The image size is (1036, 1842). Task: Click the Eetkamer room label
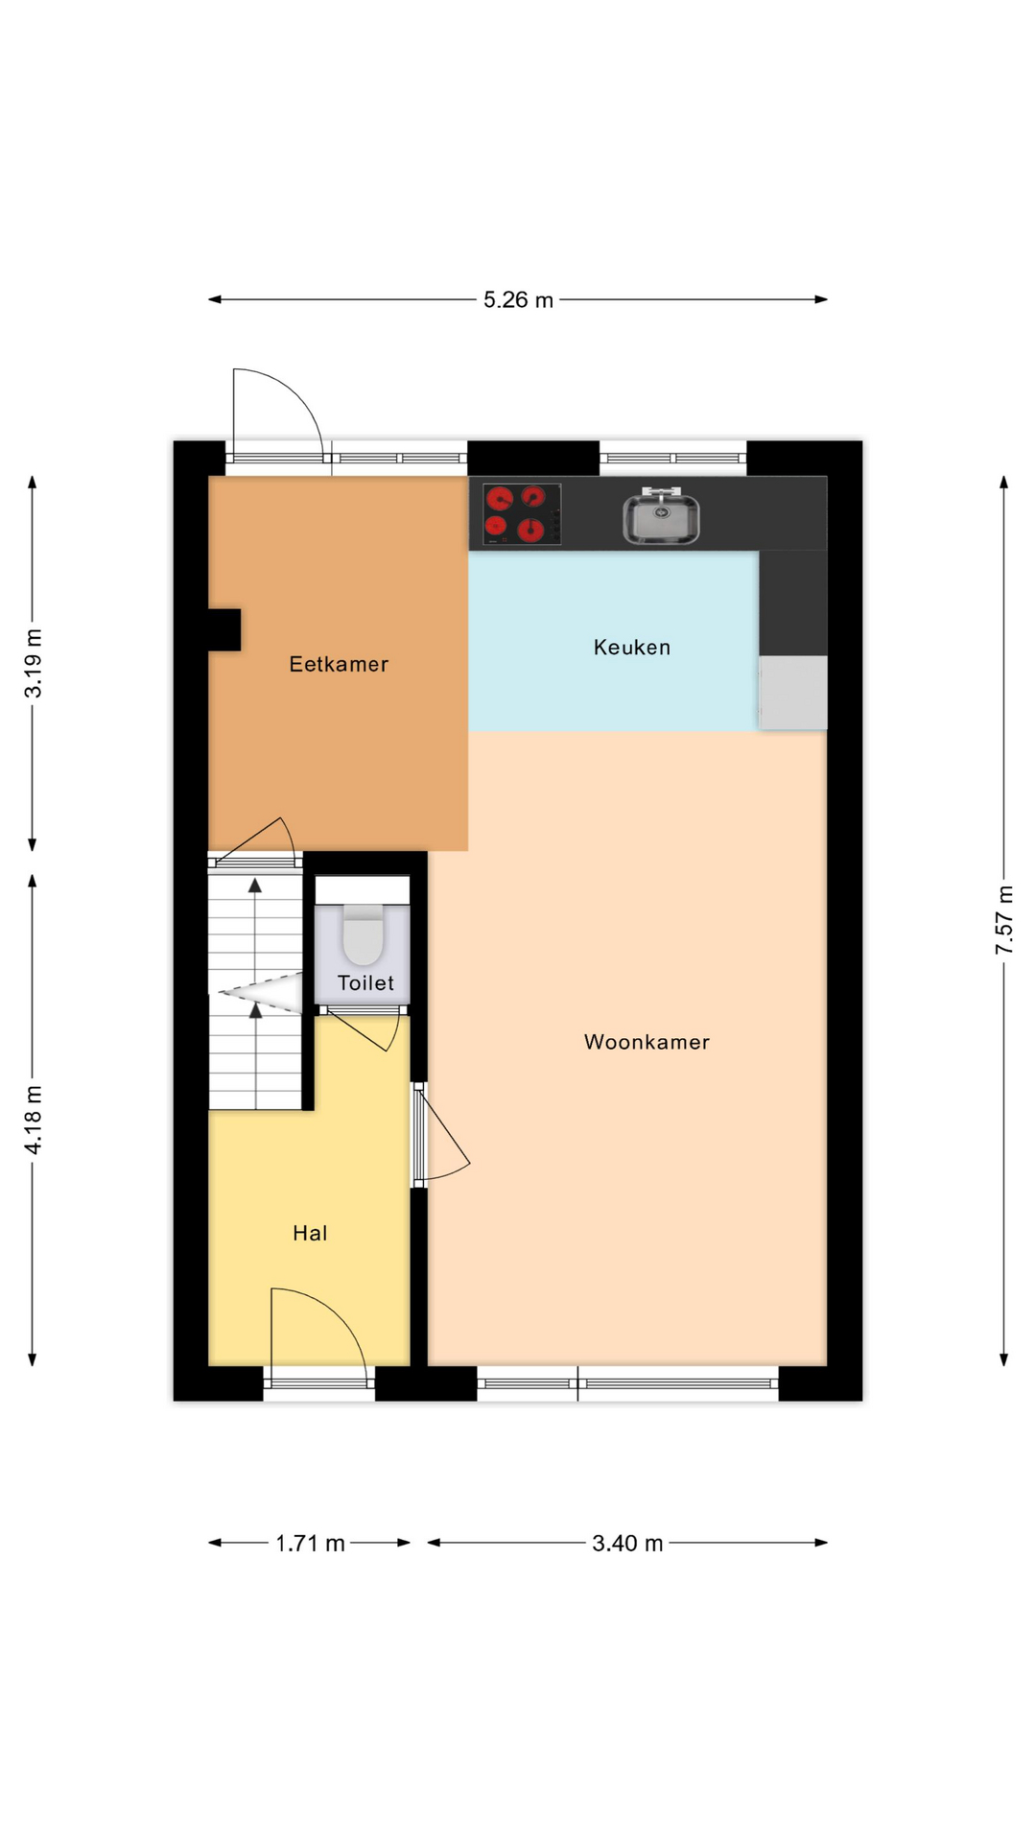tap(339, 664)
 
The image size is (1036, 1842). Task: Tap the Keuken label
tap(632, 648)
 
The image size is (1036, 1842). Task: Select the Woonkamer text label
tap(647, 1042)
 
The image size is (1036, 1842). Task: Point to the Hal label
tap(310, 1234)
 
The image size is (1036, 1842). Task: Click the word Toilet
tap(365, 982)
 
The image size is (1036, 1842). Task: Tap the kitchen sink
tap(661, 516)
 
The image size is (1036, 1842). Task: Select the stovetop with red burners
tap(521, 514)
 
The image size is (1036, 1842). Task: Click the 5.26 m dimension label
tap(518, 300)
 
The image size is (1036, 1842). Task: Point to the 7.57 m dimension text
tap(1004, 920)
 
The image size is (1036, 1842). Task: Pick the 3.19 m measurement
tap(34, 664)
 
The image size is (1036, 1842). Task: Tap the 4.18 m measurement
tap(34, 1120)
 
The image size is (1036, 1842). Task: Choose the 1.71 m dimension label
tap(310, 1544)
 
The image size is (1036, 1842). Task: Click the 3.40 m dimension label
tap(627, 1544)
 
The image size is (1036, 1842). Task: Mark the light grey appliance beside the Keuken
tap(793, 693)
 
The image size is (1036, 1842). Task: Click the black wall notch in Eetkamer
tap(224, 629)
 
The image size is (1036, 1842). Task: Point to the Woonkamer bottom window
tap(628, 1383)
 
